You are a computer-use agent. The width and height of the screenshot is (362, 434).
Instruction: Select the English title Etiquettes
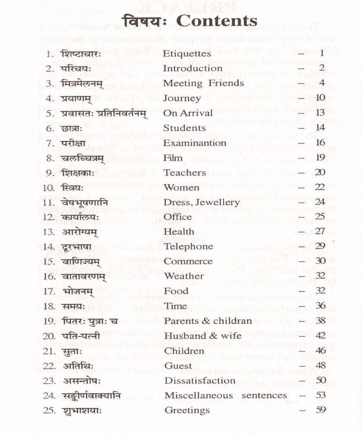(187, 54)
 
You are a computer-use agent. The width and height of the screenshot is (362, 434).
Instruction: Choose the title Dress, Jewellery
(202, 202)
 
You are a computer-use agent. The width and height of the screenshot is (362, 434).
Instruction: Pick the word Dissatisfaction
(200, 380)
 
